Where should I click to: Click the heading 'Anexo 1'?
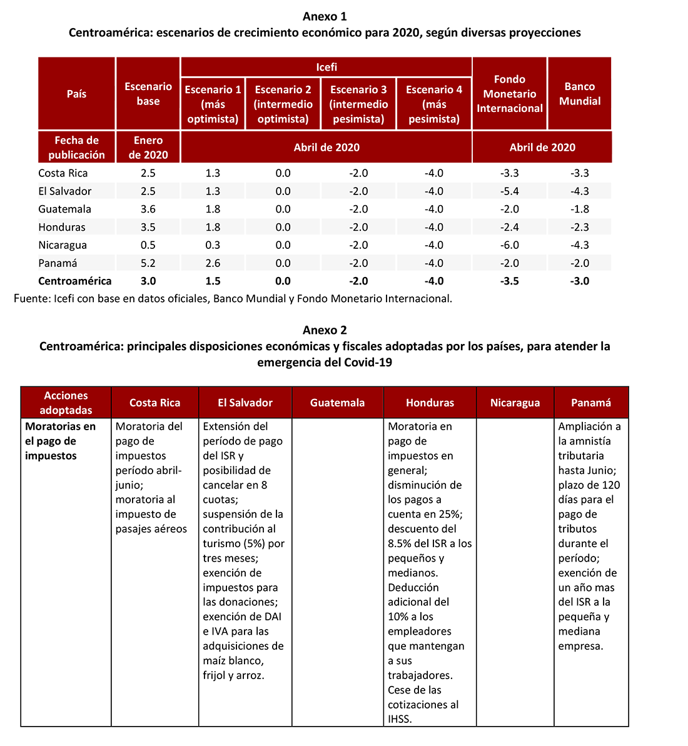(324, 16)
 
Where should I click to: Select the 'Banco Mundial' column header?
(579, 94)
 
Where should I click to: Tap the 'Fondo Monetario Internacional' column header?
(510, 94)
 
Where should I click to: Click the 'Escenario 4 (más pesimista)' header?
(434, 104)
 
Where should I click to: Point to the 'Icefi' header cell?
(326, 67)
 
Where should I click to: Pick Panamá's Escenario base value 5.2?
(148, 263)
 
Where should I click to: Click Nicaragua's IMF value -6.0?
(510, 245)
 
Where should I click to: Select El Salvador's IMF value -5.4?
(510, 191)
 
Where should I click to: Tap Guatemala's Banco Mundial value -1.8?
(580, 209)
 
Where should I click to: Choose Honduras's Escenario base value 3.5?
(148, 227)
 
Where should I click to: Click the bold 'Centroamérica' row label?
(75, 281)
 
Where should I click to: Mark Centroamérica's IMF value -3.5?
(510, 281)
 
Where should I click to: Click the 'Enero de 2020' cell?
(148, 148)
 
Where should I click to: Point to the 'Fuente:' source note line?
(233, 299)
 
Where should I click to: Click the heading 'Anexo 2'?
(324, 330)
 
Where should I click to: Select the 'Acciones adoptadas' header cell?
(66, 403)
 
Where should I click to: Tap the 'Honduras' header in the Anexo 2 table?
(430, 403)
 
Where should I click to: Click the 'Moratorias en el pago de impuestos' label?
(61, 441)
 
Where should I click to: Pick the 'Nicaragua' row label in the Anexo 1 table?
(63, 245)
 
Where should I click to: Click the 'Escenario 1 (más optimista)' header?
(213, 104)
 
